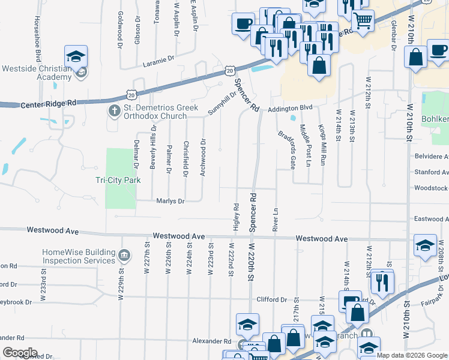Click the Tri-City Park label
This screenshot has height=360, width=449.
[122, 180]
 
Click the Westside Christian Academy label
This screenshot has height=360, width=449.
[37, 73]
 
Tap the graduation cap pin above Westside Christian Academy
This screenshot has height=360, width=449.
[76, 57]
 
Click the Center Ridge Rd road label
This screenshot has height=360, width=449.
[49, 103]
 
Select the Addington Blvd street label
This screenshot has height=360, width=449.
[291, 107]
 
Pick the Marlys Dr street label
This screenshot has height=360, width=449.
[170, 201]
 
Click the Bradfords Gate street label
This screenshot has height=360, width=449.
[286, 149]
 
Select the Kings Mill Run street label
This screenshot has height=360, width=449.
[322, 145]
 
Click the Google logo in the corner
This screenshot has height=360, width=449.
[20, 353]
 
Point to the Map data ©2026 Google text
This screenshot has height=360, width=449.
[412, 355]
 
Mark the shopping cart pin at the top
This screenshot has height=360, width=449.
[362, 20]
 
